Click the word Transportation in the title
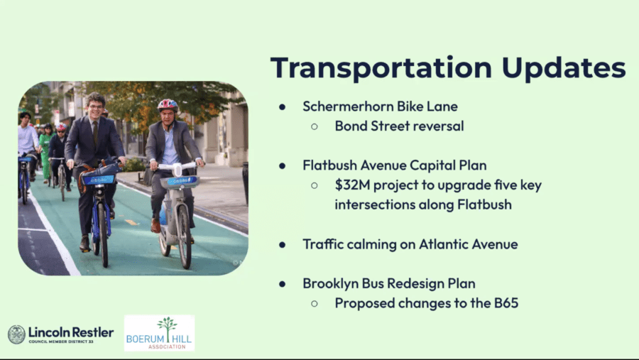click(381, 68)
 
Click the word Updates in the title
click(564, 67)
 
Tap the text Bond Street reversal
click(399, 126)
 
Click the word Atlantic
click(443, 244)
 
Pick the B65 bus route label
click(506, 303)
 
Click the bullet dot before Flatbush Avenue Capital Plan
click(283, 166)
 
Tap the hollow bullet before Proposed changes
click(315, 304)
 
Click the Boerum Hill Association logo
click(159, 333)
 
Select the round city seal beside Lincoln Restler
click(17, 334)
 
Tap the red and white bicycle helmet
click(168, 105)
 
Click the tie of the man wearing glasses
click(95, 133)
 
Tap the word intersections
click(373, 204)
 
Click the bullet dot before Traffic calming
click(283, 245)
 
